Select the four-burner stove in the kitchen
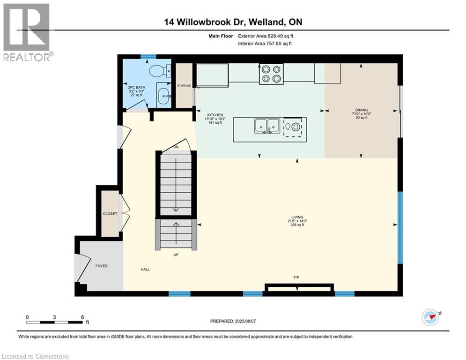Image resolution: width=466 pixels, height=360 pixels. [271, 74]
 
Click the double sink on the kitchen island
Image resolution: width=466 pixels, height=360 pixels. [267, 126]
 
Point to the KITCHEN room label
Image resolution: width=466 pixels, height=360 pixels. [215, 115]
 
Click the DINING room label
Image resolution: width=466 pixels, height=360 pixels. [361, 110]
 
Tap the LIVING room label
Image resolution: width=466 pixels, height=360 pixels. [297, 217]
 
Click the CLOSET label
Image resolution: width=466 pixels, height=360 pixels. [110, 214]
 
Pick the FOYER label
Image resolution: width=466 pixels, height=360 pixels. [101, 266]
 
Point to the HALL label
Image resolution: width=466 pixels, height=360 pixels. [145, 270]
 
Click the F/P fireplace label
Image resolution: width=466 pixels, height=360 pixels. [296, 277]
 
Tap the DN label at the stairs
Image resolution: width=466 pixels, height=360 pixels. [176, 147]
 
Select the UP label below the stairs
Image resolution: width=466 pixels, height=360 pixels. [176, 255]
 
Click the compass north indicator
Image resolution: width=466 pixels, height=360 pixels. [431, 317]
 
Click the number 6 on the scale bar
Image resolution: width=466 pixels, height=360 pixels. [82, 317]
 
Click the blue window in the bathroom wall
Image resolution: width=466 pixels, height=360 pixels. [148, 57]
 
